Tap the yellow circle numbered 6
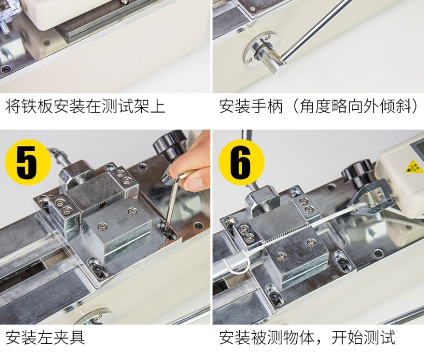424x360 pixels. tap(242, 162)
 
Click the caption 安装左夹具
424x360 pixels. tap(45, 337)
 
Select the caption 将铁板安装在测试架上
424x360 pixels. tap(85, 106)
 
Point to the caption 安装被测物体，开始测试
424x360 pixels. tap(307, 337)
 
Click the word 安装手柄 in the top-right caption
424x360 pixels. tap(250, 106)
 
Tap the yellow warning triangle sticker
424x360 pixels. tap(414, 167)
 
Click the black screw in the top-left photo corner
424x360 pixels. tap(7, 69)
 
